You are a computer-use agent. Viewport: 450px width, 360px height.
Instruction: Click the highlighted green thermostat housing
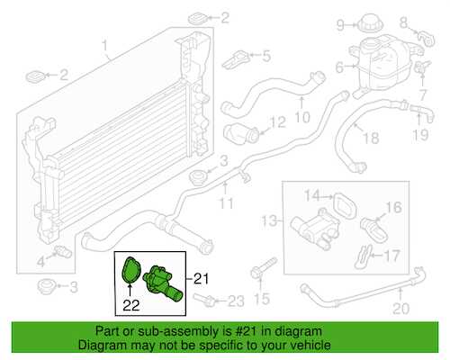click(x=162, y=283)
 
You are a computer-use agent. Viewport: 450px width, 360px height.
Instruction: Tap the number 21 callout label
click(x=201, y=279)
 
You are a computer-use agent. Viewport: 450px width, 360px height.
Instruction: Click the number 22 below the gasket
click(x=131, y=305)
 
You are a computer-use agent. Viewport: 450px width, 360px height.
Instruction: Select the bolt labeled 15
click(x=262, y=268)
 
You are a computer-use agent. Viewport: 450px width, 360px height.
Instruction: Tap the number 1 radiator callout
click(x=104, y=46)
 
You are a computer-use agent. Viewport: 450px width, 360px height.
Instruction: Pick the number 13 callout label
click(x=269, y=221)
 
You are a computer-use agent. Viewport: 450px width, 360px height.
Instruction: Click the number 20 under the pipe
click(x=401, y=309)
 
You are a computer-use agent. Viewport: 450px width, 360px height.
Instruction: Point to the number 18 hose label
click(x=371, y=138)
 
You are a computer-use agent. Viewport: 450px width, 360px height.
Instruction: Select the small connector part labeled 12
click(x=241, y=133)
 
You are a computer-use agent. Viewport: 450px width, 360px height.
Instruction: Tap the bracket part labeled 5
click(x=237, y=59)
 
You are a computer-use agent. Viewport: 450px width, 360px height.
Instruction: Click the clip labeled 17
click(x=364, y=256)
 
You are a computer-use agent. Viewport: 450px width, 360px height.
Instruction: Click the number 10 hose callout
click(x=302, y=117)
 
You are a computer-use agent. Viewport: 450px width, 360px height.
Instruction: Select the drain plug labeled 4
click(x=62, y=252)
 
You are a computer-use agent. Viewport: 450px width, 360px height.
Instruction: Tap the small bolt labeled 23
click(x=204, y=299)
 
